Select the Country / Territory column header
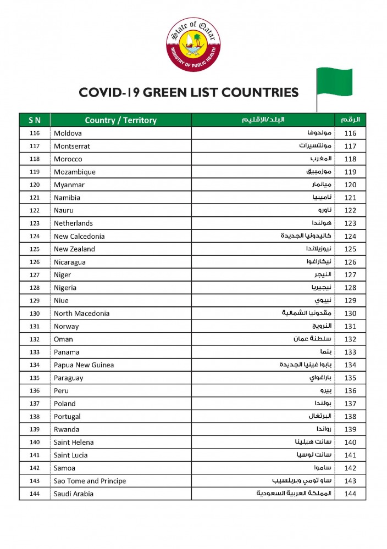120,120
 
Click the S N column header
35,120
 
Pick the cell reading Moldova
68,133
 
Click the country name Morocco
68,159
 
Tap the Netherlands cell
73,223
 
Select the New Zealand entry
74,249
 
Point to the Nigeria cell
65,288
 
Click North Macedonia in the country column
81,313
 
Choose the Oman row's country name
63,339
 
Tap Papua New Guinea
84,365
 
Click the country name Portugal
67,417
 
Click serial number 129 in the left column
35,301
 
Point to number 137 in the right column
350,404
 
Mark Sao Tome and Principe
90,481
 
